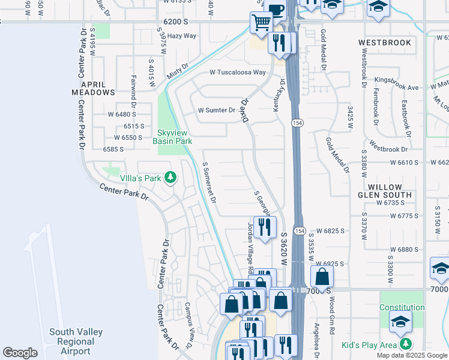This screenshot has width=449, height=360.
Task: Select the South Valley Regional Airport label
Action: click(76, 341)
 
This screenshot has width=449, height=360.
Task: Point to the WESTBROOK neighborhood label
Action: click(385, 43)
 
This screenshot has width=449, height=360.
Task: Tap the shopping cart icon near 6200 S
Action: click(261, 23)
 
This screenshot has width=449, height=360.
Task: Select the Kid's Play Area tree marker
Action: click(406, 344)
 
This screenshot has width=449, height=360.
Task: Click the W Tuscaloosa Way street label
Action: click(237, 73)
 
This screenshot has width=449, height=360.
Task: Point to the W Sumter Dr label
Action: click(217, 110)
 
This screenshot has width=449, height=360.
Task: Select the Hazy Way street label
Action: click(182, 36)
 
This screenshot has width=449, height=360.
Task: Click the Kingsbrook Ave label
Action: click(396, 88)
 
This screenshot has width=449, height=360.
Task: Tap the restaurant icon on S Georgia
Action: click(265, 226)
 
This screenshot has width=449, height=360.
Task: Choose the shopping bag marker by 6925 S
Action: click(322, 277)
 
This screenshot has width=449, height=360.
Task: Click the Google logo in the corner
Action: click(20, 353)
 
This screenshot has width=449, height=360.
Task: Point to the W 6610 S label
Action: click(403, 163)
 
